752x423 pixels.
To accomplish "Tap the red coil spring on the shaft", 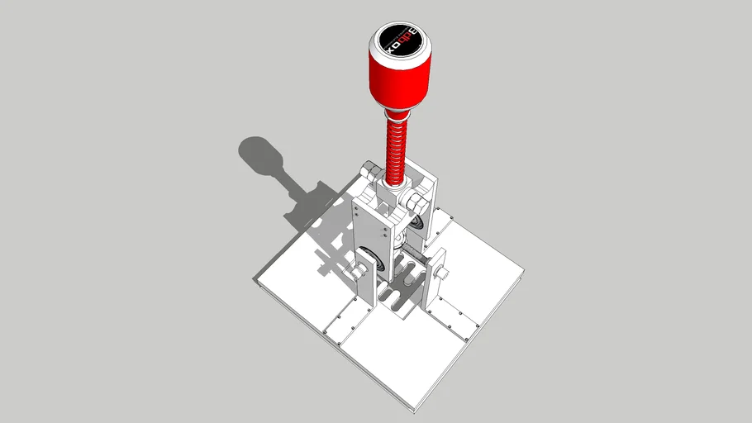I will click(396, 149).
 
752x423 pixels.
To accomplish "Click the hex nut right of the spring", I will click(416, 201).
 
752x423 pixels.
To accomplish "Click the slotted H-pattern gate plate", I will click(400, 285).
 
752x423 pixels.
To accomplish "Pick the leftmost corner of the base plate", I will click(255, 282).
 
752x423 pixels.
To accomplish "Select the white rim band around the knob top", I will click(401, 50).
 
